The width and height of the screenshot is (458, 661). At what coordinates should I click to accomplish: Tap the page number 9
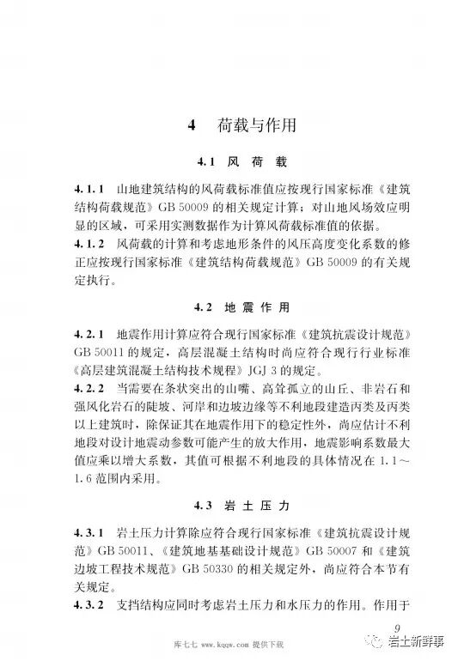(x=396, y=627)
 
